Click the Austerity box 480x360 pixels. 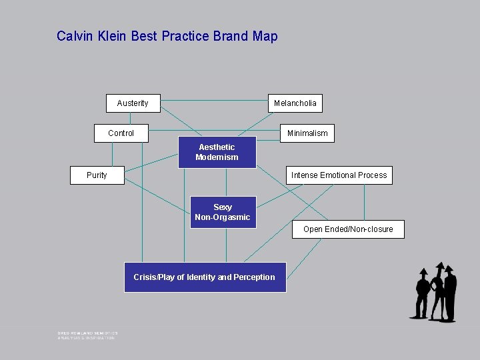pos(133,103)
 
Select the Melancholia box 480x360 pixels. pos(295,103)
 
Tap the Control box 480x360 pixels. pos(121,133)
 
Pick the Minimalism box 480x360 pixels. pos(307,133)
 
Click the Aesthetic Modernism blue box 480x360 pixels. pos(217,153)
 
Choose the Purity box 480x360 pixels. pos(97,175)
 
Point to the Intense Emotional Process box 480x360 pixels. pos(339,175)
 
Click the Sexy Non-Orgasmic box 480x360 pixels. pos(223,212)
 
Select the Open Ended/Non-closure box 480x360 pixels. pos(348,229)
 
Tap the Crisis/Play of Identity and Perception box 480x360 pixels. pos(204,277)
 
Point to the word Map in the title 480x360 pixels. pos(265,37)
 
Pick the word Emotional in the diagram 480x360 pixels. pos(338,175)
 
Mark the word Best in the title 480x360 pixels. pos(144,37)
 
